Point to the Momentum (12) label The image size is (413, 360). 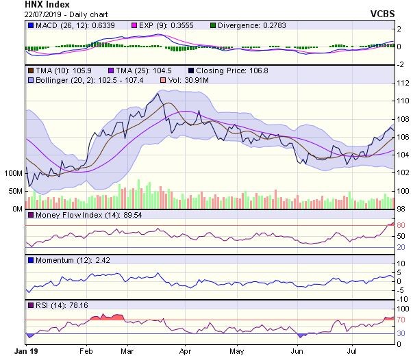tap(66, 260)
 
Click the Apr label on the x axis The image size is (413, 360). tap(184, 350)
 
